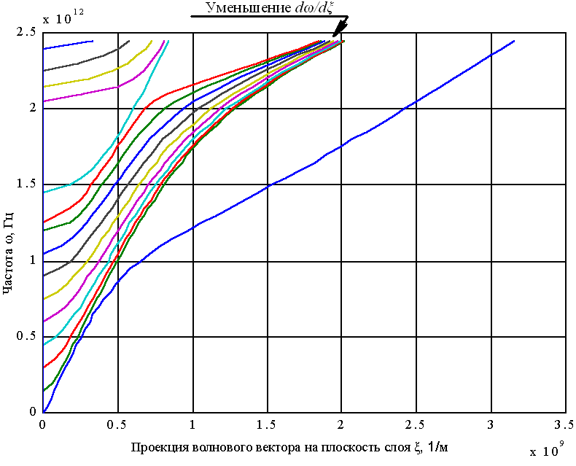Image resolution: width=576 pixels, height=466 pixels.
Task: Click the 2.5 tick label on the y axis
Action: (28, 33)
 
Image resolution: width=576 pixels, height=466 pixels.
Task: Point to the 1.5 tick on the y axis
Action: (28, 185)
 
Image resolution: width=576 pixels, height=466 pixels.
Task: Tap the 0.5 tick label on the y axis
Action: (28, 336)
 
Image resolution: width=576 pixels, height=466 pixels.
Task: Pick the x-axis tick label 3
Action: (491, 424)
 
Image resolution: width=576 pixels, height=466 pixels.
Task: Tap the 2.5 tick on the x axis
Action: (416, 424)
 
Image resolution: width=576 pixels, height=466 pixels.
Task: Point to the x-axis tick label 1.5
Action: (267, 424)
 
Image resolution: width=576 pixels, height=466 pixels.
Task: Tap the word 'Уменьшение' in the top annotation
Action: (248, 9)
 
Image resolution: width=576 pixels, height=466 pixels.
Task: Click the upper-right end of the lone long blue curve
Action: (515, 42)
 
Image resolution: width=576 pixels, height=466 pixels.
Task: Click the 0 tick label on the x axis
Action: (44, 424)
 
